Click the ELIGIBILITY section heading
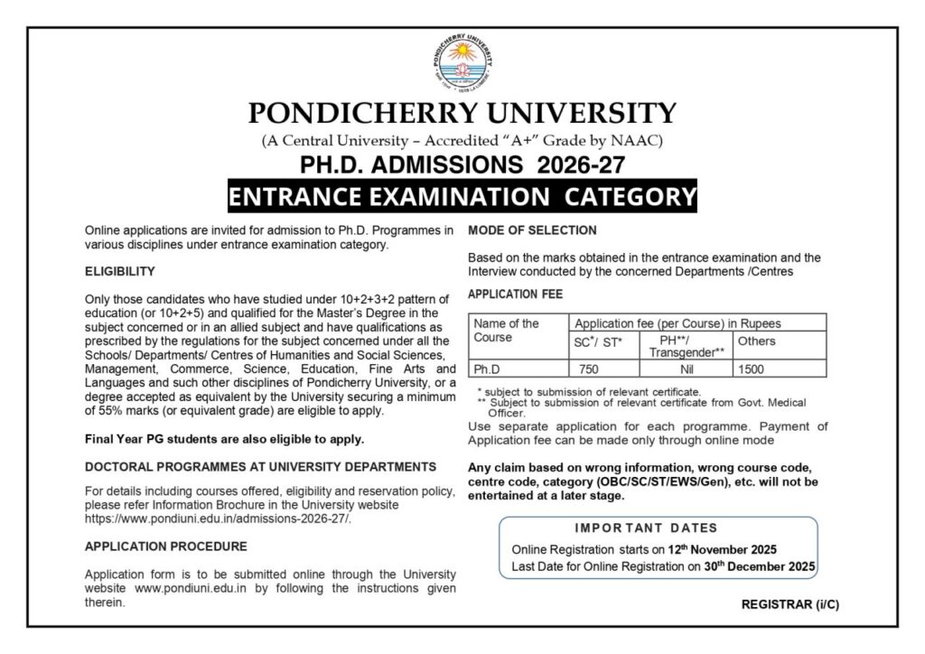point(120,271)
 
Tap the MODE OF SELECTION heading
point(532,230)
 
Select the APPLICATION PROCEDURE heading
point(165,547)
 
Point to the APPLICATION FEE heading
point(515,294)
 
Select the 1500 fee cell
point(751,369)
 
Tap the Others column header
point(756,341)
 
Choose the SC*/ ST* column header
point(598,342)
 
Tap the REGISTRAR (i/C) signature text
point(790,604)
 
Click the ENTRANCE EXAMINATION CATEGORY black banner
point(462,196)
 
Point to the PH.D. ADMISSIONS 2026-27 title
point(462,164)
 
